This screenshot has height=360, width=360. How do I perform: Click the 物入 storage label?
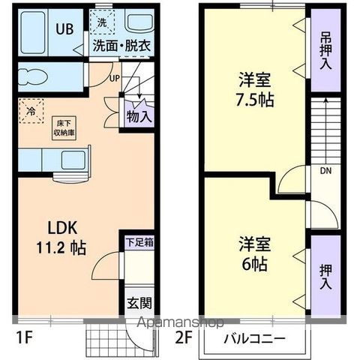point(139,116)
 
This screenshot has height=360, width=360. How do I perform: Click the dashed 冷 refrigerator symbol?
point(31,109)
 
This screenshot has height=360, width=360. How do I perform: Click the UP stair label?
point(115,78)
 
